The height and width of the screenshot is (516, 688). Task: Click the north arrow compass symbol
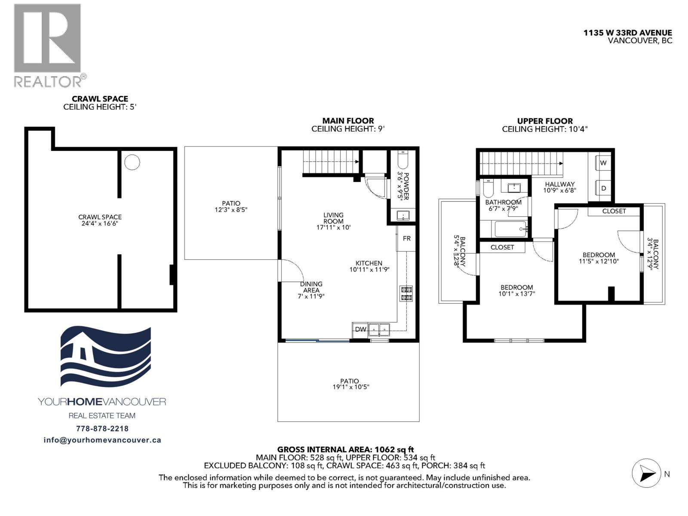tap(646, 473)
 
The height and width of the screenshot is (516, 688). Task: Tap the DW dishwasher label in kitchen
tap(360, 329)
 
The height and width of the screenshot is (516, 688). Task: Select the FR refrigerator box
tap(406, 238)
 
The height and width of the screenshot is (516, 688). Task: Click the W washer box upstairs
tap(603, 163)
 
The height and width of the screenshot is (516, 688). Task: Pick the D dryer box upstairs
tap(603, 188)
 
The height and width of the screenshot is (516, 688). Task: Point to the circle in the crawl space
tap(132, 162)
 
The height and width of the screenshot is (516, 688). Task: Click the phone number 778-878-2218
tap(102, 428)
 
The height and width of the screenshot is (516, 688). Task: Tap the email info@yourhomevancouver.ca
tap(102, 440)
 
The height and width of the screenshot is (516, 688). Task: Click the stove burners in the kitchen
tap(406, 293)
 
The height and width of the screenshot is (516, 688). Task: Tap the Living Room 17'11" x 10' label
tap(333, 221)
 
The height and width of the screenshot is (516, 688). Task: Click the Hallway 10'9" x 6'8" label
tap(559, 187)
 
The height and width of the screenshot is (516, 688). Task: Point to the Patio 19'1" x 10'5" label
tap(349, 384)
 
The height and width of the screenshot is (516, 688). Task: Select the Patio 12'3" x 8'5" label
tap(231, 206)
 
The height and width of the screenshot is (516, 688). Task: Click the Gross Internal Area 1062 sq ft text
tap(345, 450)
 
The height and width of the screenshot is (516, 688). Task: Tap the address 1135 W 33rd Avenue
tap(627, 33)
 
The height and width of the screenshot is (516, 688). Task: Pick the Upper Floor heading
tap(544, 121)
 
